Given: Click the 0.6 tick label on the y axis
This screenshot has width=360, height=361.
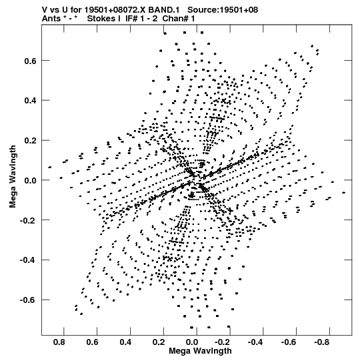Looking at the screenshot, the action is pyautogui.click(x=31, y=61).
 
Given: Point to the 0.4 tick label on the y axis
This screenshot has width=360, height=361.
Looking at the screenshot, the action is pyautogui.click(x=31, y=101).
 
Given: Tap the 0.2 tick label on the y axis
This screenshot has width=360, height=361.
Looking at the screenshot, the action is pyautogui.click(x=31, y=141).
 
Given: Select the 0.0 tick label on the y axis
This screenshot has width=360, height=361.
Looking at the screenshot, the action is pyautogui.click(x=31, y=180).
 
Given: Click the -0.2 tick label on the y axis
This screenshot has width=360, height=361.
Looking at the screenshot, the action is pyautogui.click(x=29, y=221).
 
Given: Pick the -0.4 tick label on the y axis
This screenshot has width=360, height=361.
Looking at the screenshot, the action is pyautogui.click(x=29, y=260).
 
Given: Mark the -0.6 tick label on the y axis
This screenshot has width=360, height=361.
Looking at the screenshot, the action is pyautogui.click(x=29, y=300).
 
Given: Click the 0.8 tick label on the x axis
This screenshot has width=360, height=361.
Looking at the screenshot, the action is pyautogui.click(x=59, y=342).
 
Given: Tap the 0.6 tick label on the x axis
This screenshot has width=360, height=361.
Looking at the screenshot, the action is pyautogui.click(x=92, y=342).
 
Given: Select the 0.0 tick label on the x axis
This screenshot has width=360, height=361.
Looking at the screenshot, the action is pyautogui.click(x=191, y=342).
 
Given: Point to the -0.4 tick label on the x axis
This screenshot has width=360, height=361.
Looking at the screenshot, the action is pyautogui.click(x=255, y=342).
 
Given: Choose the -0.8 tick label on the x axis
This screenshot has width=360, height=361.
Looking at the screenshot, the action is pyautogui.click(x=322, y=342).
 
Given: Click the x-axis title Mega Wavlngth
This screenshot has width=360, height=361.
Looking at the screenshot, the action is pyautogui.click(x=200, y=351).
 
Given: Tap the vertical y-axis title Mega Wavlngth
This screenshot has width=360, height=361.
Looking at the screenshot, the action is pyautogui.click(x=13, y=177).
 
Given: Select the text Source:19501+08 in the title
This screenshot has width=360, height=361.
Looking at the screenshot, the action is pyautogui.click(x=223, y=10).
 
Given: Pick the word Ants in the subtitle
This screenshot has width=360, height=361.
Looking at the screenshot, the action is pyautogui.click(x=51, y=19).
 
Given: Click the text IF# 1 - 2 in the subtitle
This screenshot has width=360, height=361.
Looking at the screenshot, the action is pyautogui.click(x=141, y=19).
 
